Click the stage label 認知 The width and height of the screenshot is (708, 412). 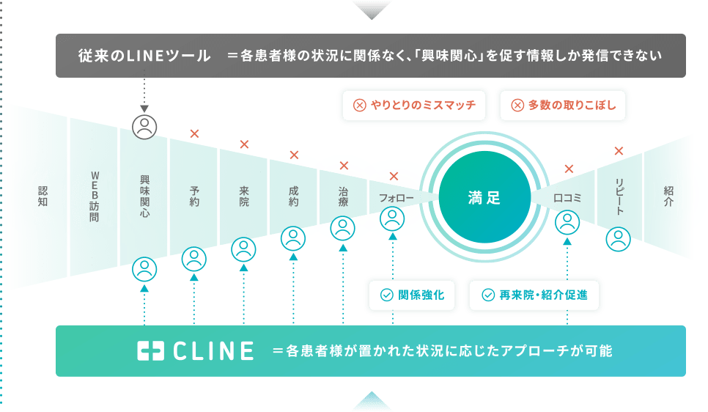[x=43, y=196]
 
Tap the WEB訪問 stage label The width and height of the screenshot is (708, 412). [x=94, y=196]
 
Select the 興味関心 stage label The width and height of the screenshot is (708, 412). [x=144, y=196]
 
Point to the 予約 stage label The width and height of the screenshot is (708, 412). [x=194, y=196]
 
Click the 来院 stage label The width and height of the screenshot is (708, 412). [x=244, y=196]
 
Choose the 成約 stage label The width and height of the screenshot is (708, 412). [x=294, y=196]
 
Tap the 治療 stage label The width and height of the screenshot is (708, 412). [x=343, y=196]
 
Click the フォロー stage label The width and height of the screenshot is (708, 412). [x=397, y=198]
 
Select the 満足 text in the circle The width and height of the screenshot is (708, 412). [x=484, y=197]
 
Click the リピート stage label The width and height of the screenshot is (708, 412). [x=619, y=196]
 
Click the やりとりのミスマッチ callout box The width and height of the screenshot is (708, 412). [x=414, y=105]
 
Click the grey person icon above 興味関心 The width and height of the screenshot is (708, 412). [x=145, y=126]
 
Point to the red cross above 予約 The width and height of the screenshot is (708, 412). [x=194, y=133]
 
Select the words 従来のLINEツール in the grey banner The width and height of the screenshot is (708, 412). [x=144, y=55]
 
